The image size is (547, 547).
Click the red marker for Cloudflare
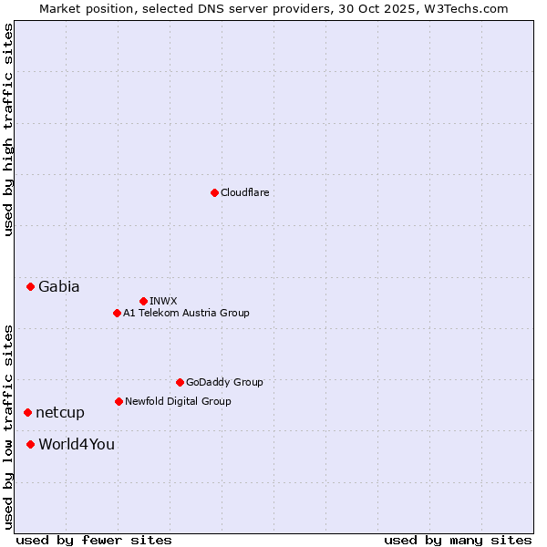[214, 192]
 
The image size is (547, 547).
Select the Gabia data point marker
[30, 286]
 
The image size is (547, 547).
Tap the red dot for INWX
[143, 301]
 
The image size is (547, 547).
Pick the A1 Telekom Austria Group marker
[117, 313]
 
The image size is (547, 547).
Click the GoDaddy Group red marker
[180, 382]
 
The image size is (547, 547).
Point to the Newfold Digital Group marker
[119, 401]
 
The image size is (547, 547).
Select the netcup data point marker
[27, 412]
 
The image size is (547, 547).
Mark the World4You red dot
[30, 444]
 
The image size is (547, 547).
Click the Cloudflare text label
[245, 192]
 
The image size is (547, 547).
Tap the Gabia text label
[59, 286]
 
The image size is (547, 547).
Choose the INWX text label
[164, 301]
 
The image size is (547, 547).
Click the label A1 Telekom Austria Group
[186, 313]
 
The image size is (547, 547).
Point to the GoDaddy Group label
[224, 382]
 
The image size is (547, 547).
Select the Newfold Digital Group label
[178, 401]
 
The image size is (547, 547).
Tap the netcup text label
[60, 412]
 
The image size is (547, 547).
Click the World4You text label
[77, 444]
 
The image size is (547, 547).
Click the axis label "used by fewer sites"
[94, 540]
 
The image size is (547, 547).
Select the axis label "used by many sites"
[458, 540]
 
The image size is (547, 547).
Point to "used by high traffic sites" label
[8, 129]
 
